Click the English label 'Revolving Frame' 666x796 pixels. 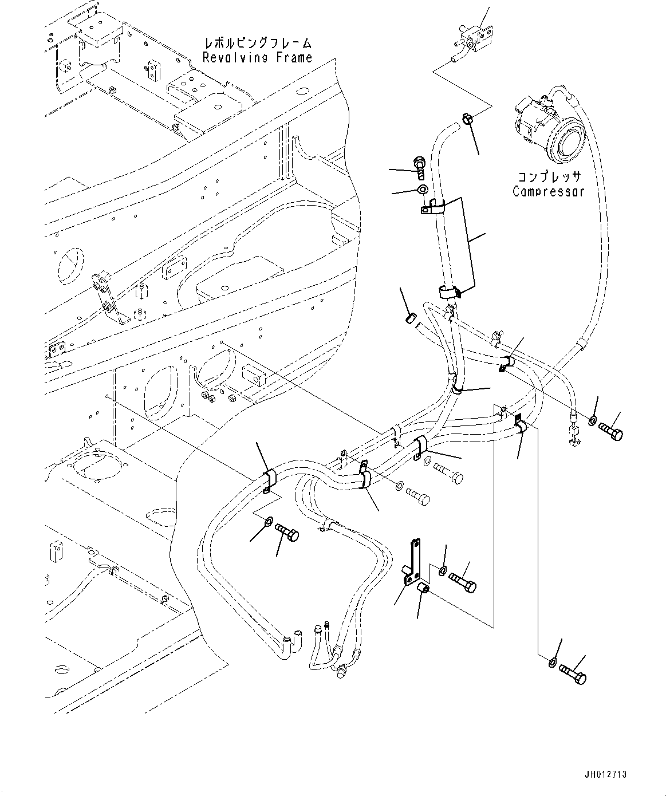(257, 57)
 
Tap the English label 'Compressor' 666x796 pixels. (548, 191)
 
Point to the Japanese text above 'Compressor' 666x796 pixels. (549, 177)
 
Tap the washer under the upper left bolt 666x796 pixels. (423, 190)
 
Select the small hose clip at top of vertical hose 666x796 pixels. (467, 119)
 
